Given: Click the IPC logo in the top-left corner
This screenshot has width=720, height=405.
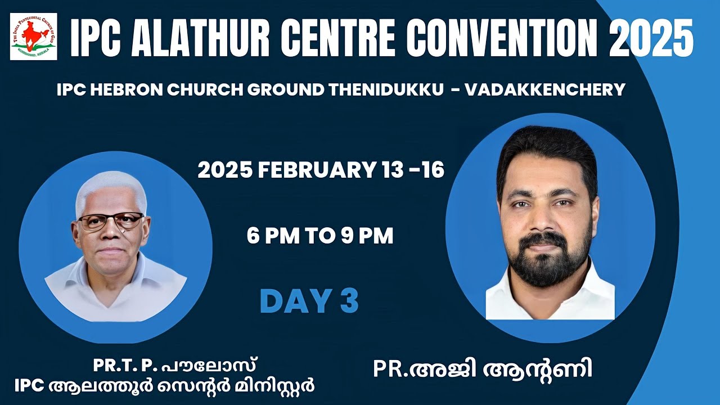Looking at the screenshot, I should tap(33, 37).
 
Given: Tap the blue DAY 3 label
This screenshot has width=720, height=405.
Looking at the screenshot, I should tap(309, 301).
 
